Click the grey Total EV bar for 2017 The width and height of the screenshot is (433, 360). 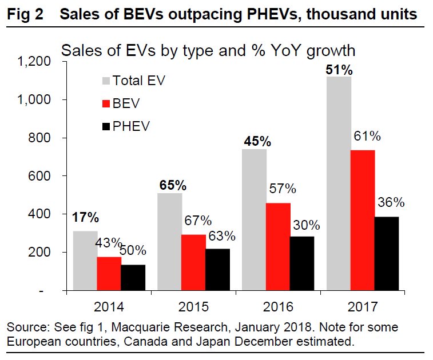point(339,183)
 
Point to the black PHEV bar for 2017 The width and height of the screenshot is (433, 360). point(386,254)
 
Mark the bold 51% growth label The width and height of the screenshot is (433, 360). point(340,70)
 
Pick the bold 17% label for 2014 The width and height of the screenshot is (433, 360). point(85,217)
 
